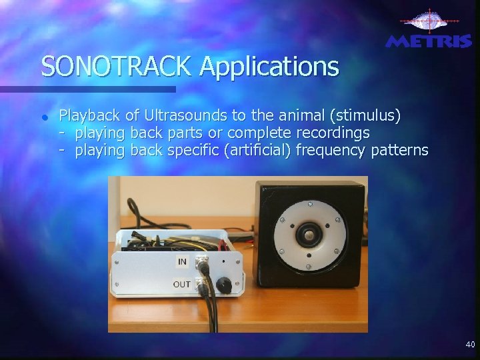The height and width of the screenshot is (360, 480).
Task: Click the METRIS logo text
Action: click(428, 41)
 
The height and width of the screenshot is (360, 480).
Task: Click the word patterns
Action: click(399, 150)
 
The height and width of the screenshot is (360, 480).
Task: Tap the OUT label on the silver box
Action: click(181, 284)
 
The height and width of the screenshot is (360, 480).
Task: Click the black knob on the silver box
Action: click(224, 285)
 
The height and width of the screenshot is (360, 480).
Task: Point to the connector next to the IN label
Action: click(202, 265)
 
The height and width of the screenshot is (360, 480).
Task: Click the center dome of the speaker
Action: click(308, 235)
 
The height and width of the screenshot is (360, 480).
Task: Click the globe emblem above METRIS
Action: click(427, 21)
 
